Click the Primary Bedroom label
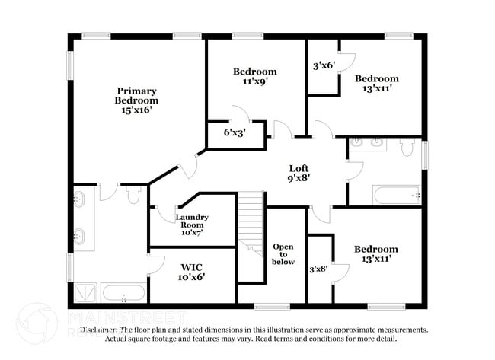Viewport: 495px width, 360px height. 136,94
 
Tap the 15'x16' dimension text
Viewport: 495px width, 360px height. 136,110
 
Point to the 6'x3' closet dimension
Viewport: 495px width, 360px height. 233,132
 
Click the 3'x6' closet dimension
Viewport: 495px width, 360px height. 323,65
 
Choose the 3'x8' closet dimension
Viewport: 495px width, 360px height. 319,268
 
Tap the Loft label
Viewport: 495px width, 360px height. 299,168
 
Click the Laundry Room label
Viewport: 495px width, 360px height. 192,221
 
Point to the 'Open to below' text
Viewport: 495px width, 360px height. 284,254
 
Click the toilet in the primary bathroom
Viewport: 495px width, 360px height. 133,196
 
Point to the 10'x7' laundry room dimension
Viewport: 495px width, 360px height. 192,232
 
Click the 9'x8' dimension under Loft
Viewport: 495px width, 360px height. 299,179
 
